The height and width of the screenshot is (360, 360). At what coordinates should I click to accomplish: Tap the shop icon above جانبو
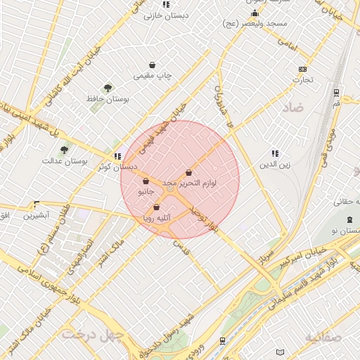pos(146,181)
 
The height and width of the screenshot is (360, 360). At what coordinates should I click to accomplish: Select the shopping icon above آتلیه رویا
pos(156,207)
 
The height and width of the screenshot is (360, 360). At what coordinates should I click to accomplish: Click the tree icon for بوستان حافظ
pos(108,88)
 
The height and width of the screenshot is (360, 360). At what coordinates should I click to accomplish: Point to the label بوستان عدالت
pos(84,161)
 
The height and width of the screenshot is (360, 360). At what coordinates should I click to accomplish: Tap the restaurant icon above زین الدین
pos(275,153)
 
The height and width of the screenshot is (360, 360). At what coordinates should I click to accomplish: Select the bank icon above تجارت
pos(302,69)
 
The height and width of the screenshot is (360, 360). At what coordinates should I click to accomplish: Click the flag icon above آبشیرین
pos(37,204)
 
